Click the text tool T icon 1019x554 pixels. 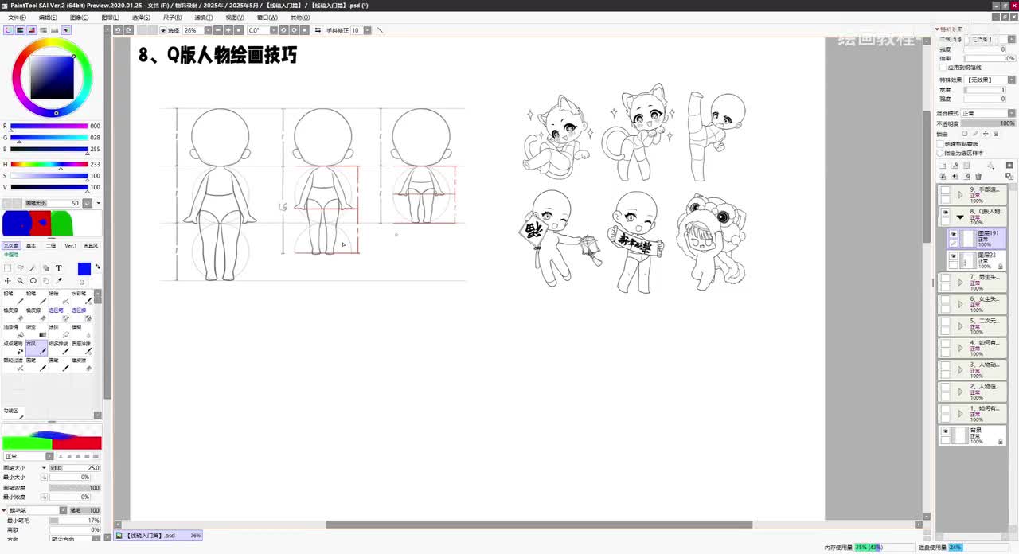click(59, 268)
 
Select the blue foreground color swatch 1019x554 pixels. click(84, 269)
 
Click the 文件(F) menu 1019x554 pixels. click(17, 17)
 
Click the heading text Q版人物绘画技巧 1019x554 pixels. click(217, 55)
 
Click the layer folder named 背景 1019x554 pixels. click(976, 435)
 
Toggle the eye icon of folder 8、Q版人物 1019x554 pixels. click(945, 213)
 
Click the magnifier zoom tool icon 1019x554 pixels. click(21, 281)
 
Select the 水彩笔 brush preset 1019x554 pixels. click(77, 297)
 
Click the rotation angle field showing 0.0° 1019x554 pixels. click(256, 30)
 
